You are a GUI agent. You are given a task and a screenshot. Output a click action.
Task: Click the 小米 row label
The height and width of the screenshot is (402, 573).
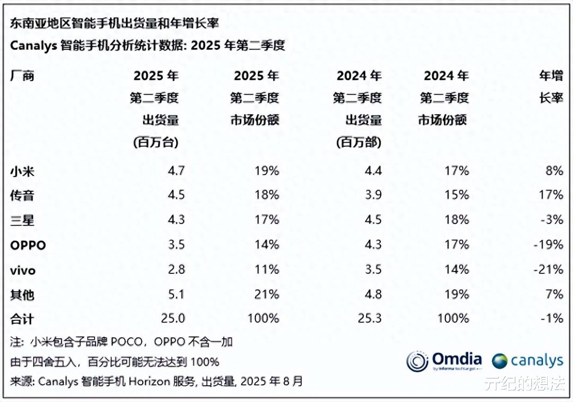click(22, 171)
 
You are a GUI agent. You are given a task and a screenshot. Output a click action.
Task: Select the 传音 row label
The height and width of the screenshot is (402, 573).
click(22, 195)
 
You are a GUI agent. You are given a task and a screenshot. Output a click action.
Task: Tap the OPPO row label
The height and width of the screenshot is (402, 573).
click(28, 245)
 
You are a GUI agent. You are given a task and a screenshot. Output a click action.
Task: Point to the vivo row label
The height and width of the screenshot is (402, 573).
click(23, 270)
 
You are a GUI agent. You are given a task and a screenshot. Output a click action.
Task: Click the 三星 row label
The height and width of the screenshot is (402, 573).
click(22, 220)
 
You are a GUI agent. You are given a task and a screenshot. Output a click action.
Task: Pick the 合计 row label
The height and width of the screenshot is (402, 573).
click(22, 319)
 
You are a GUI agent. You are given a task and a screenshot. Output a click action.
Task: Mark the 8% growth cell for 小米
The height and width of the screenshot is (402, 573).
click(554, 171)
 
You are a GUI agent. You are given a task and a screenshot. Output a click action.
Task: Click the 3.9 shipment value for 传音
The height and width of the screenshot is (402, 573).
click(372, 195)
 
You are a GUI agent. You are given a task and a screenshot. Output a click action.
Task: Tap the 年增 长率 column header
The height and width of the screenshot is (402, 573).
click(551, 87)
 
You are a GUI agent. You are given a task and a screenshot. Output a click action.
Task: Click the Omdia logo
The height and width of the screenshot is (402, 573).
click(444, 361)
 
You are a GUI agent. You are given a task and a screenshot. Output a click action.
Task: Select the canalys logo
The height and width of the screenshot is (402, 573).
click(527, 361)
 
